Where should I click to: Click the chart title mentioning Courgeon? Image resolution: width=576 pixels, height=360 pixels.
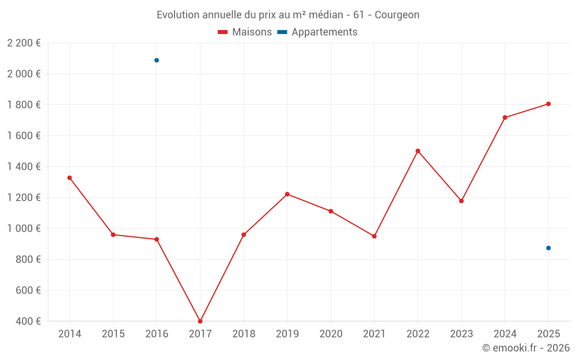tap(288, 14)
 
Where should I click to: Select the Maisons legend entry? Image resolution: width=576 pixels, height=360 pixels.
tap(245, 32)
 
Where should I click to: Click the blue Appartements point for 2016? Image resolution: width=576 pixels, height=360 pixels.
tap(157, 60)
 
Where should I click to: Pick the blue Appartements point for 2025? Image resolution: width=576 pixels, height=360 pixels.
tap(548, 248)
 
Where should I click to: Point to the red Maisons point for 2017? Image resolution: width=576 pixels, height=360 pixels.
tap(200, 321)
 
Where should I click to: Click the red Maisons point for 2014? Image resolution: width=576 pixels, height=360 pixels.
tap(70, 178)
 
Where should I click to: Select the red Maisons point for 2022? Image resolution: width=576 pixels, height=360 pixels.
tap(418, 151)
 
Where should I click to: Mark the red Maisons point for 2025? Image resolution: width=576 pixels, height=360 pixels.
tap(548, 104)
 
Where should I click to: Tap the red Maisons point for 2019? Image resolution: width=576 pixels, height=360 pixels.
tap(287, 194)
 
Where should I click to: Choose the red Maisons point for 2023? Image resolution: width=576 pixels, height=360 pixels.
tap(461, 201)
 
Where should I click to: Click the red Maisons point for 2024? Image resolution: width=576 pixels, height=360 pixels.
tap(505, 118)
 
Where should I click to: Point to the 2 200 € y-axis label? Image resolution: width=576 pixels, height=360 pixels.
tap(24, 43)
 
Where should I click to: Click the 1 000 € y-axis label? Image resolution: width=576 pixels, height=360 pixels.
tap(24, 229)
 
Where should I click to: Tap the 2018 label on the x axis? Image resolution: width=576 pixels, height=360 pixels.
tap(244, 334)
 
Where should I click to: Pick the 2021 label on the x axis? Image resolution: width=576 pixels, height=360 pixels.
tap(374, 334)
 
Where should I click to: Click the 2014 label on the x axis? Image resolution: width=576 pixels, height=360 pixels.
tap(70, 334)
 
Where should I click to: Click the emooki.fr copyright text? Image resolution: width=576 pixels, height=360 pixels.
tap(526, 348)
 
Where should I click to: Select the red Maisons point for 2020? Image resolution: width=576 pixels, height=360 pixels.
tap(331, 211)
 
